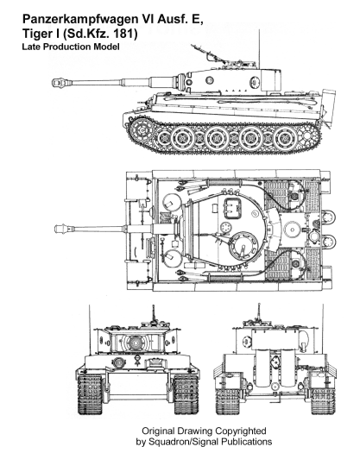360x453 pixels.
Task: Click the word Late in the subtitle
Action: [x=32, y=47]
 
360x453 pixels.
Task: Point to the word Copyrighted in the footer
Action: [x=241, y=431]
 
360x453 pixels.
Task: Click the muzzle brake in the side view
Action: [x=61, y=83]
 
